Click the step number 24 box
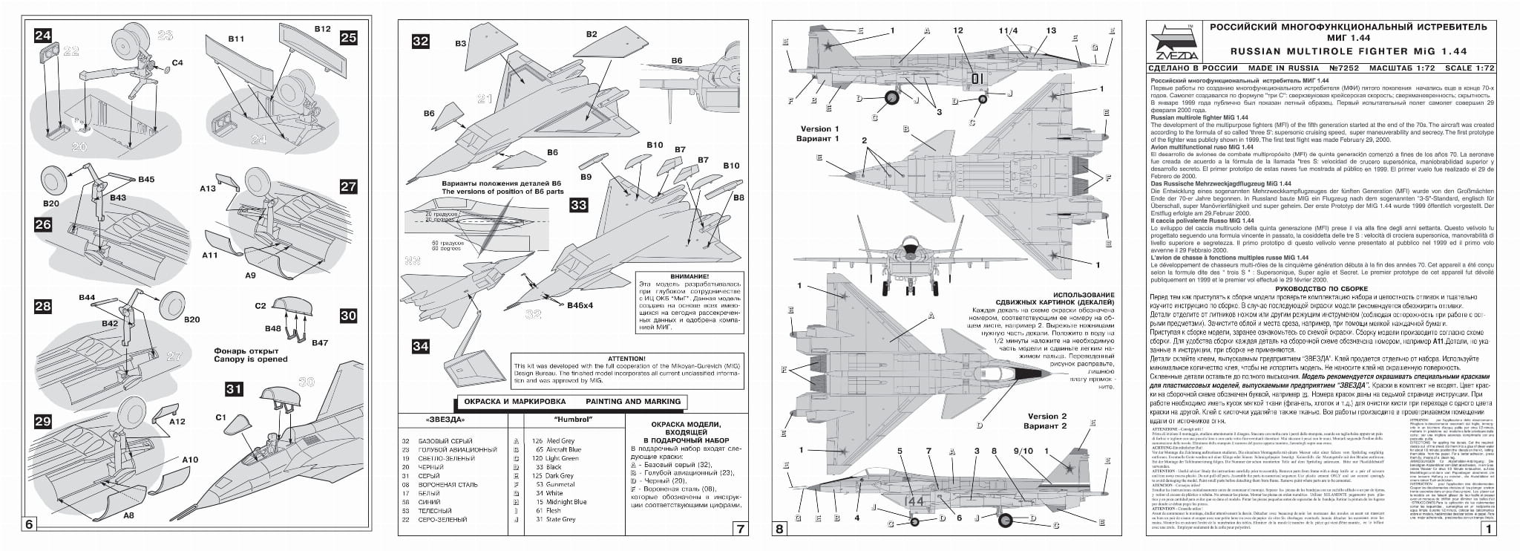coord(44,35)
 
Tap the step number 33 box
coord(578,205)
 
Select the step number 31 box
coord(235,388)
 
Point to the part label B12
coord(321,29)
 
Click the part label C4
coord(177,62)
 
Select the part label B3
coord(460,44)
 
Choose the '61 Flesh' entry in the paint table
coord(549,510)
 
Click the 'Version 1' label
coord(819,129)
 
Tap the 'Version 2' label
coord(1046,416)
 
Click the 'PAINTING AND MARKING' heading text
coord(633,402)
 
